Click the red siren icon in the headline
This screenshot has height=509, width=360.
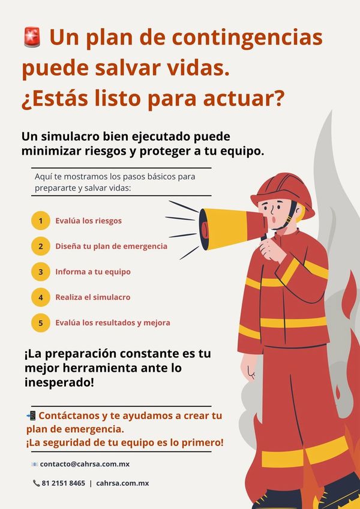[x=32, y=37]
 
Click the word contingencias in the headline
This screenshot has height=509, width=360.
[x=247, y=38]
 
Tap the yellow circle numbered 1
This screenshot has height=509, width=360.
[x=41, y=221]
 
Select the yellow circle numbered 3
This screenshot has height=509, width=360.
[x=41, y=272]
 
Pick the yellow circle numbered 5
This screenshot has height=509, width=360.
[x=41, y=323]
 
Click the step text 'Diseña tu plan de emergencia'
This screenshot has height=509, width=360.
[x=111, y=246]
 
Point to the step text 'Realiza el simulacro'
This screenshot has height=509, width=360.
[x=92, y=297]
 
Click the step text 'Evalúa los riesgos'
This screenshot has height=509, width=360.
[x=88, y=221]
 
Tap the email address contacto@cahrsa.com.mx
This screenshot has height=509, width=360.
[x=85, y=464]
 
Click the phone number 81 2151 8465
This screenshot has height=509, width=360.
[x=64, y=483]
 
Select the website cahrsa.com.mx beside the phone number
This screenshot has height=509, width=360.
[x=122, y=483]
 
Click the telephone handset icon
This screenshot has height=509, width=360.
[x=36, y=483]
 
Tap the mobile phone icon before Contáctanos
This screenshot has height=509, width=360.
[x=31, y=415]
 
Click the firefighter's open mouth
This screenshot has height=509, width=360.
[x=274, y=219]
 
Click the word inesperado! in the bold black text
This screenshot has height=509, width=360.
[x=59, y=382]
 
